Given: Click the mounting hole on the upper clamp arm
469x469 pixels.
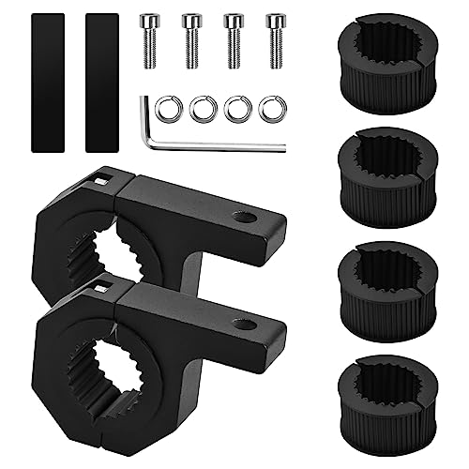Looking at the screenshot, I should click(245, 219).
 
